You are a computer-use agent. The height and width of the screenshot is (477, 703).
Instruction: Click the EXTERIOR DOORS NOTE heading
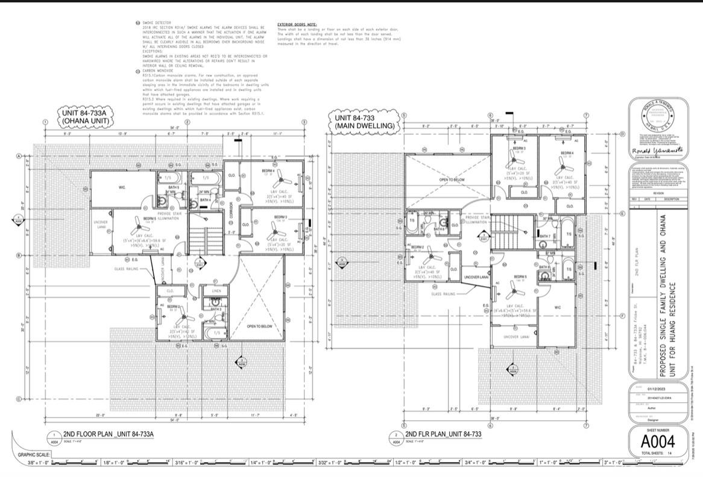(x=297, y=24)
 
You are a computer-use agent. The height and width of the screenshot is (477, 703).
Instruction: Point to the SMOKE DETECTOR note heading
(x=155, y=22)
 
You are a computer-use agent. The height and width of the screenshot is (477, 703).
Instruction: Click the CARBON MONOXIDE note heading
(x=156, y=70)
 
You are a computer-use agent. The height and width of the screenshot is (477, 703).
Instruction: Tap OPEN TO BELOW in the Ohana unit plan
(x=260, y=326)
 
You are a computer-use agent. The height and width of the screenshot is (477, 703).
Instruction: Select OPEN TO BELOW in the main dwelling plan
(x=452, y=179)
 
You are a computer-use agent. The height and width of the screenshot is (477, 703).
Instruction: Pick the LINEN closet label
(x=216, y=291)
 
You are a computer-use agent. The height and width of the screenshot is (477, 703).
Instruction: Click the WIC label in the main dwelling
(x=556, y=307)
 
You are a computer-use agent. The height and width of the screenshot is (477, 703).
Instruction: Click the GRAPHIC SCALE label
(x=34, y=454)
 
